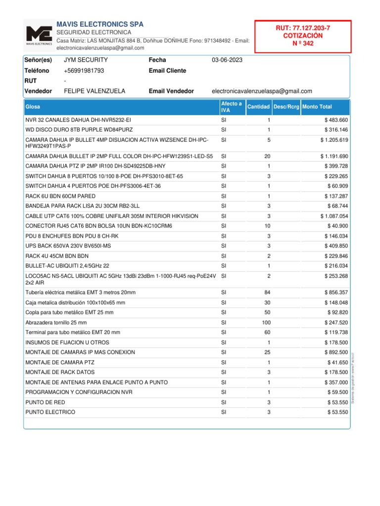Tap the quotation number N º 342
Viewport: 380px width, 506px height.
point(303,43)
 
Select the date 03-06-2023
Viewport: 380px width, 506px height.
point(227,60)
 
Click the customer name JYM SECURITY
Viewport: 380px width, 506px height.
point(86,60)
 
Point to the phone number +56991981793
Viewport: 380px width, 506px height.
point(84,71)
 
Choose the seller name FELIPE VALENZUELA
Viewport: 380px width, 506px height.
point(95,91)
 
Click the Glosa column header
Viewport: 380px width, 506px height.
point(33,107)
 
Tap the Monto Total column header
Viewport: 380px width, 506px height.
point(317,107)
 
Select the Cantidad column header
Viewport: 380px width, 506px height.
point(258,107)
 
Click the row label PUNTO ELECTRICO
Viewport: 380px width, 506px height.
point(50,412)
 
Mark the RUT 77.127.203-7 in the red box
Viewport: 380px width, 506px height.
point(302,29)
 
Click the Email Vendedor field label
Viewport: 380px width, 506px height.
point(171,91)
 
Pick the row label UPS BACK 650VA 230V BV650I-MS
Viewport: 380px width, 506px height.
point(68,246)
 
